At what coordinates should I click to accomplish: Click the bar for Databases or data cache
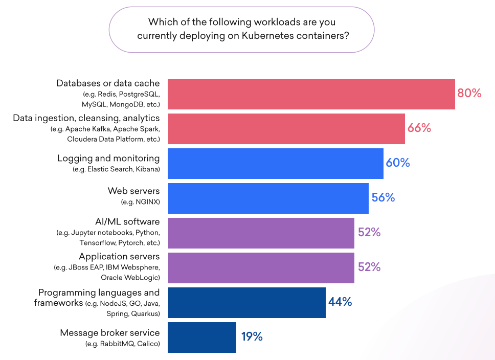click(311, 94)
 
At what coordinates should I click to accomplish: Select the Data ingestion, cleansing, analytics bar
click(286, 129)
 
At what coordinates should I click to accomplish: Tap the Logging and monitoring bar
click(275, 164)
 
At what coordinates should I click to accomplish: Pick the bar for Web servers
click(268, 198)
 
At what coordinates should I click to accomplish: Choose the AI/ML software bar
click(261, 233)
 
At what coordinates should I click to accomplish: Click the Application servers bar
click(261, 268)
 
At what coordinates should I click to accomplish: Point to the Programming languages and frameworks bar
click(246, 303)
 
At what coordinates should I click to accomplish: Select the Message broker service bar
click(201, 337)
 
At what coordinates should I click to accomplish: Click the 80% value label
click(469, 93)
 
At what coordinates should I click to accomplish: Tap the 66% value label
click(419, 128)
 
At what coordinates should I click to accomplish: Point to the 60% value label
click(398, 163)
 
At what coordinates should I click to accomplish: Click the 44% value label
click(340, 302)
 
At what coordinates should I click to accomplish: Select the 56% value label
click(383, 198)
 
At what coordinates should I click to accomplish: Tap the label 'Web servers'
click(133, 191)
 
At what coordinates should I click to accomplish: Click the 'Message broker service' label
click(110, 333)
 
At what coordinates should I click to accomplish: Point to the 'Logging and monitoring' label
click(108, 159)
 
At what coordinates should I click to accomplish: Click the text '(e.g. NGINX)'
click(140, 202)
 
